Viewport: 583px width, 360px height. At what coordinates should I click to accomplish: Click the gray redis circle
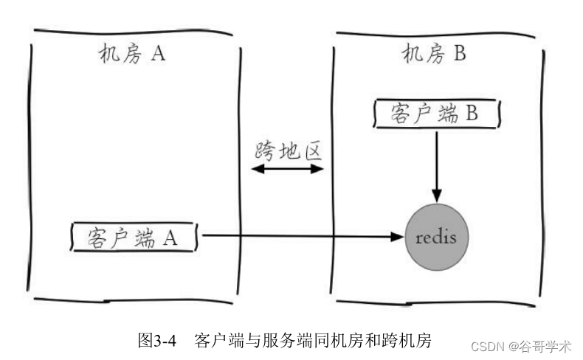click(436, 238)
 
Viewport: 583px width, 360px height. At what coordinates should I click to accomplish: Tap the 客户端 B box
click(435, 114)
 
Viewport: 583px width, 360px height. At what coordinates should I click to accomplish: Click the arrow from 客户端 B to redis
click(437, 162)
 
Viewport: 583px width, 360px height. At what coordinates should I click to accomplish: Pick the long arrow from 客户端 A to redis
click(295, 237)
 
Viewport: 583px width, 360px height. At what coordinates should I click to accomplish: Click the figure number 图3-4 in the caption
click(158, 341)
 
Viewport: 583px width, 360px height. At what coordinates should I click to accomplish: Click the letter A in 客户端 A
click(170, 238)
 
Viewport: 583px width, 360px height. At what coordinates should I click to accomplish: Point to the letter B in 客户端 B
click(473, 115)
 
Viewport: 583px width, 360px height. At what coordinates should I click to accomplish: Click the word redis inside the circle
click(436, 238)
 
